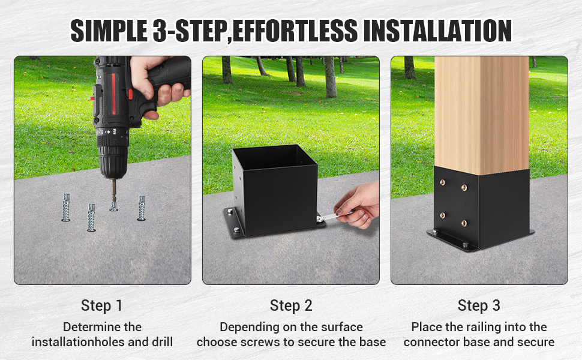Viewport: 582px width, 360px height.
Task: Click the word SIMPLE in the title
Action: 109,31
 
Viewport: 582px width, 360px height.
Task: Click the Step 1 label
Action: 101,305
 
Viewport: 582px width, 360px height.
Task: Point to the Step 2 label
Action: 291,305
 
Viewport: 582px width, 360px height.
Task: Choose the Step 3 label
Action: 479,305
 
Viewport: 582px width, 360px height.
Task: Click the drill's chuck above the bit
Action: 113,161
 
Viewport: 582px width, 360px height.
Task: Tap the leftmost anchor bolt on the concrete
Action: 66,208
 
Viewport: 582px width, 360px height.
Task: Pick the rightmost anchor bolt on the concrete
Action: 142,208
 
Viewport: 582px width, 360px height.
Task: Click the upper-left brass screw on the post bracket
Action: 442,182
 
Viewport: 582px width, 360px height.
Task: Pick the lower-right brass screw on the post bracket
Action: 464,223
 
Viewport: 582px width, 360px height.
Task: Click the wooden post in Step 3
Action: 482,115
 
